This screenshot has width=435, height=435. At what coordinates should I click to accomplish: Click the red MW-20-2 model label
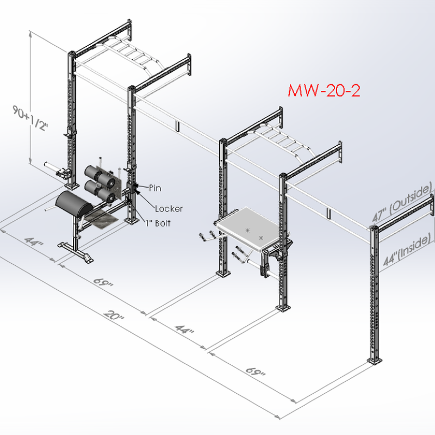click(324, 90)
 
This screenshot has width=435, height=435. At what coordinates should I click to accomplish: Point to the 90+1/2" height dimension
click(30, 118)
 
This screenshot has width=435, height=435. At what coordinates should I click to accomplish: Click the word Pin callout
click(155, 188)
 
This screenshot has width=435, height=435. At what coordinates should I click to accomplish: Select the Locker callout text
click(169, 209)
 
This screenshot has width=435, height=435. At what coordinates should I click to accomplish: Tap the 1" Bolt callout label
click(158, 223)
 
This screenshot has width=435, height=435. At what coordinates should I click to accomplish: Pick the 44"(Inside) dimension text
click(407, 250)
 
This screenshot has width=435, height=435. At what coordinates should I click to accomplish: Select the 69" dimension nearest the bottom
click(255, 372)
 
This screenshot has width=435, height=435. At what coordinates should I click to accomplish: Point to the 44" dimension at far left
click(34, 241)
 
